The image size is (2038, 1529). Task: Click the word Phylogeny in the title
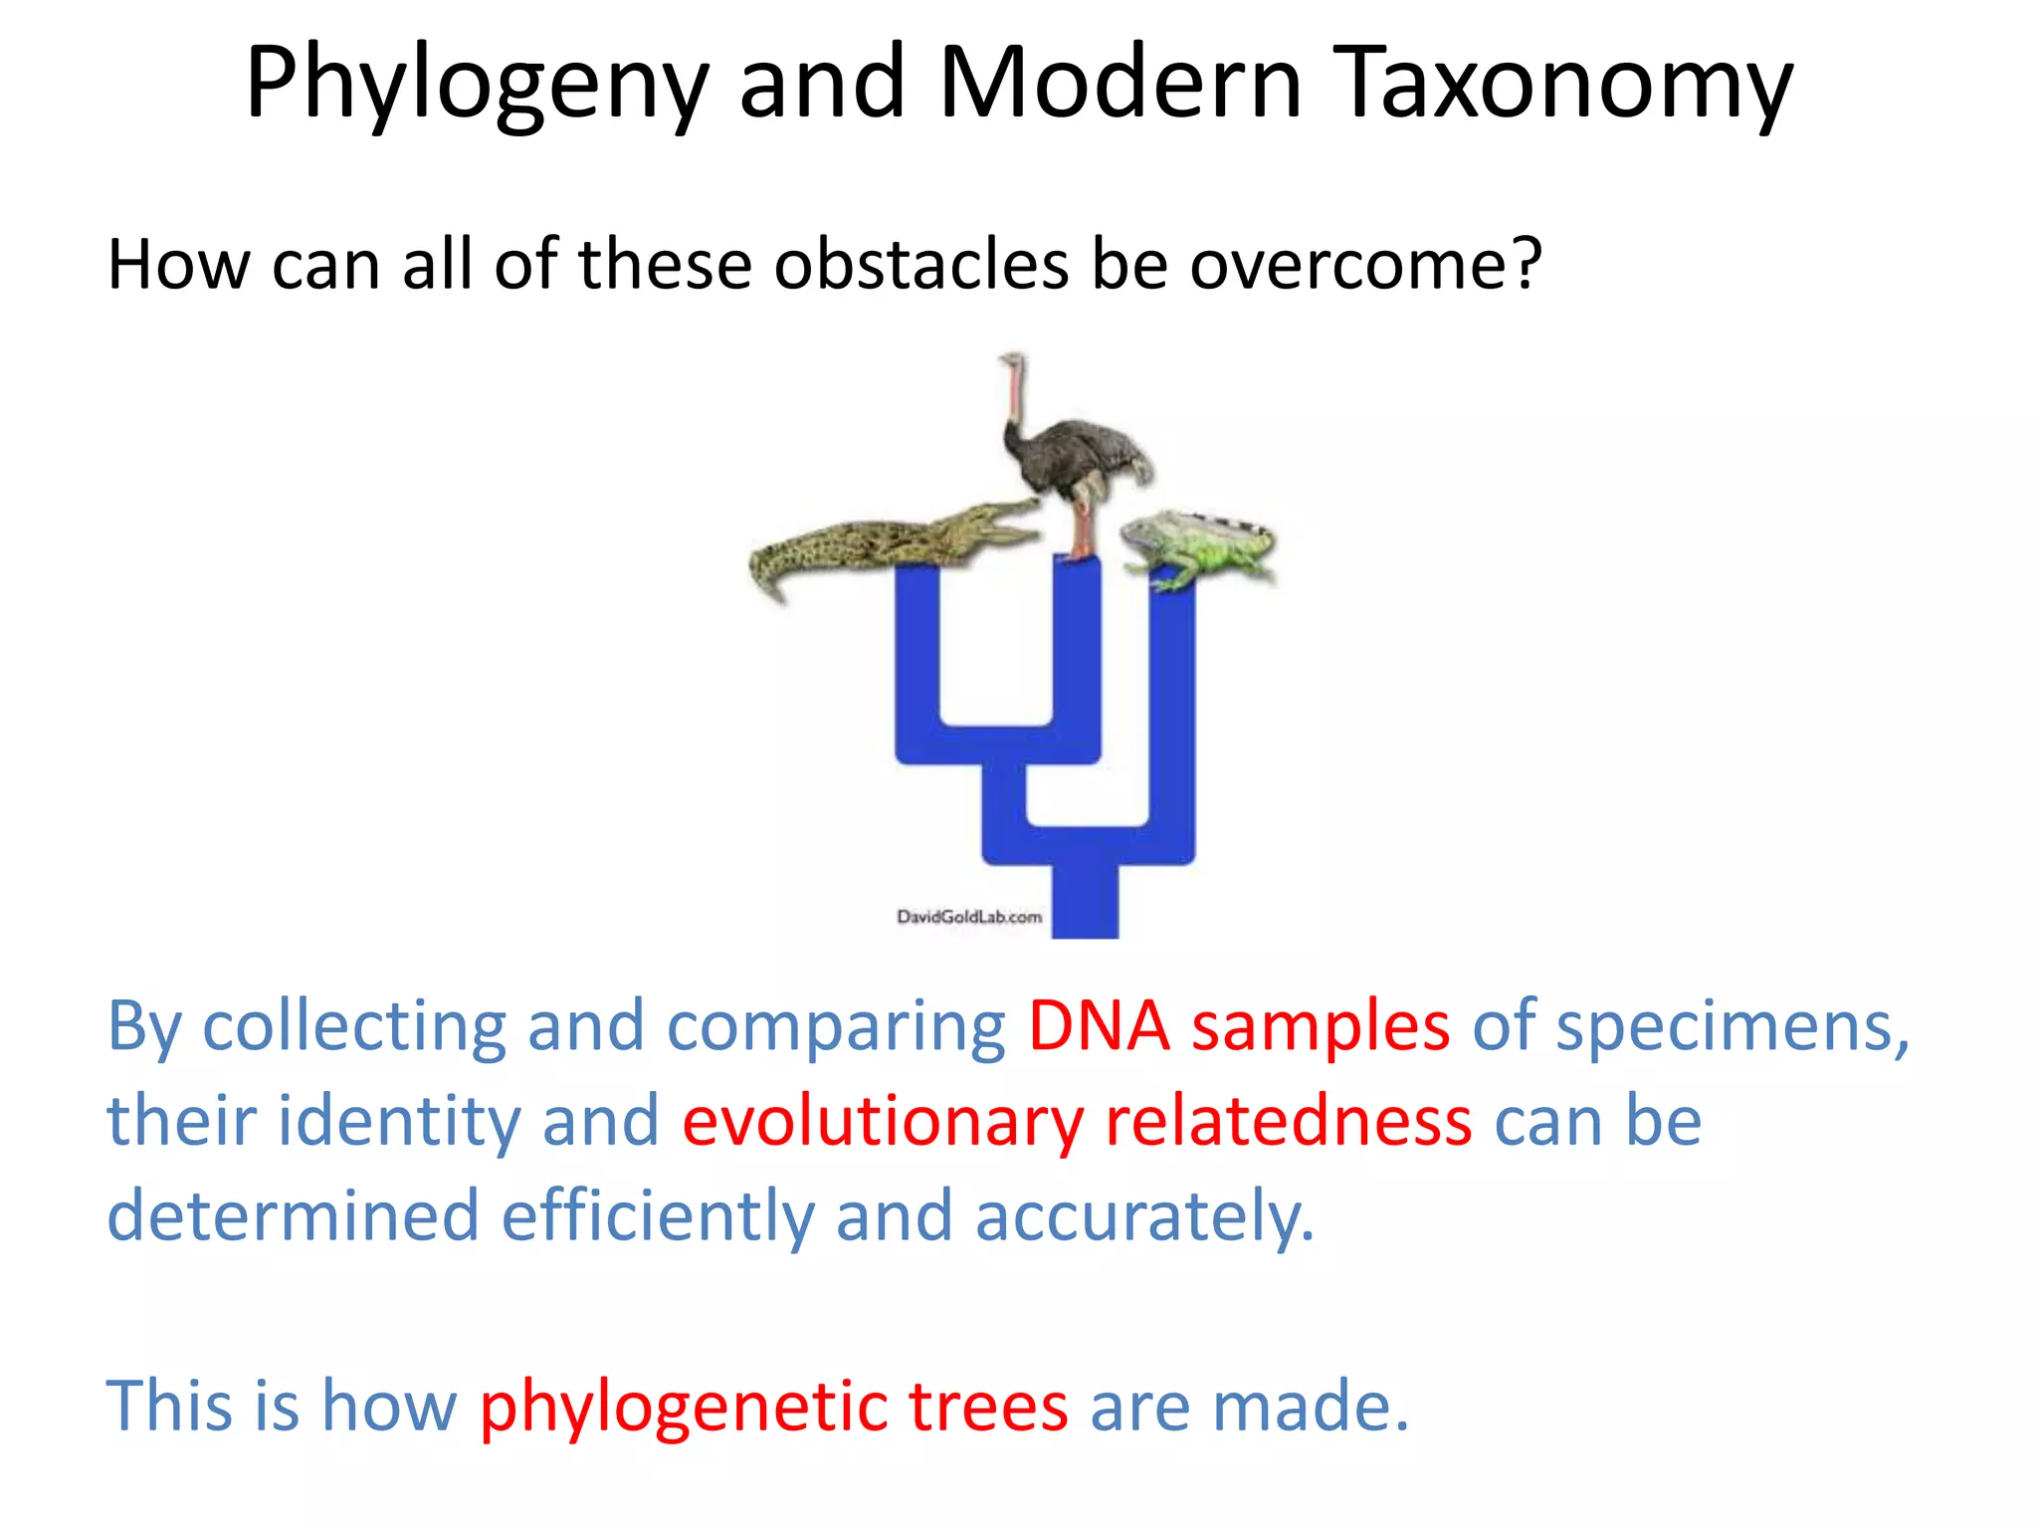coord(477,86)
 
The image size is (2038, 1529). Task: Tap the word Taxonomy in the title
coord(1562,86)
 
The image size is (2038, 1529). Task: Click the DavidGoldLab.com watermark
coord(968,917)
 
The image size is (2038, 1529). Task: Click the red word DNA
coord(1099,1026)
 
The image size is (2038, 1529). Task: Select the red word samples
coord(1321,1026)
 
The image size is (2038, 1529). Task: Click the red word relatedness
coord(1289,1120)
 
